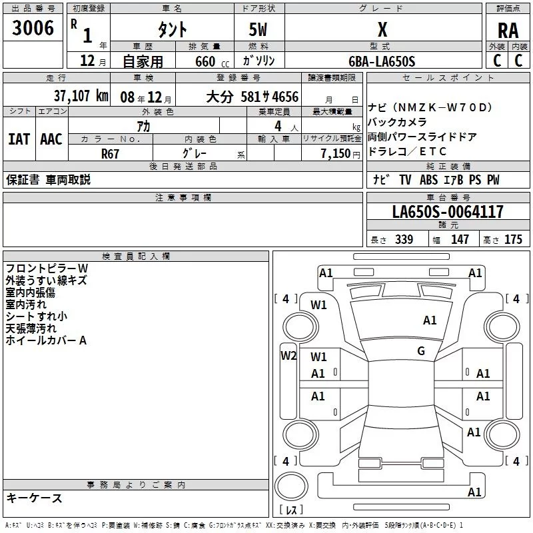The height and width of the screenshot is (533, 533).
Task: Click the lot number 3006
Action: coord(33,28)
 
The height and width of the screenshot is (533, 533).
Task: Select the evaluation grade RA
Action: coord(508,30)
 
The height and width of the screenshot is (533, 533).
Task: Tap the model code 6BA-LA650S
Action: coord(382,61)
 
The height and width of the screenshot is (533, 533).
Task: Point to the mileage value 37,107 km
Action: coord(81,95)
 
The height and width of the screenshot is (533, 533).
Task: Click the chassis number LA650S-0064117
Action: coord(448,212)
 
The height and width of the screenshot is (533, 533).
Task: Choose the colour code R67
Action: coord(111,153)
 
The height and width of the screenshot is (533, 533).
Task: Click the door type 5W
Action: coord(259,30)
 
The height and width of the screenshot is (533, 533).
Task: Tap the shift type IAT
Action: coord(19,139)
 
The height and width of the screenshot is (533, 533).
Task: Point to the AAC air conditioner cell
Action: coord(51,139)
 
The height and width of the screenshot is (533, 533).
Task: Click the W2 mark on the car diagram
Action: coord(288,355)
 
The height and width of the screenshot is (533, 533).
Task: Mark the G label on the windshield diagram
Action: coord(421,351)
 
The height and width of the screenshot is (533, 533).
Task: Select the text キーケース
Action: coord(35,498)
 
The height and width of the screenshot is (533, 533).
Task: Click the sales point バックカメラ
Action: coord(398,123)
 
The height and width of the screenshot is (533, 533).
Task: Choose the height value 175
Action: coord(513,240)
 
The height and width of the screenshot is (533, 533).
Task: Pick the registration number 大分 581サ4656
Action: coord(252,96)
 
